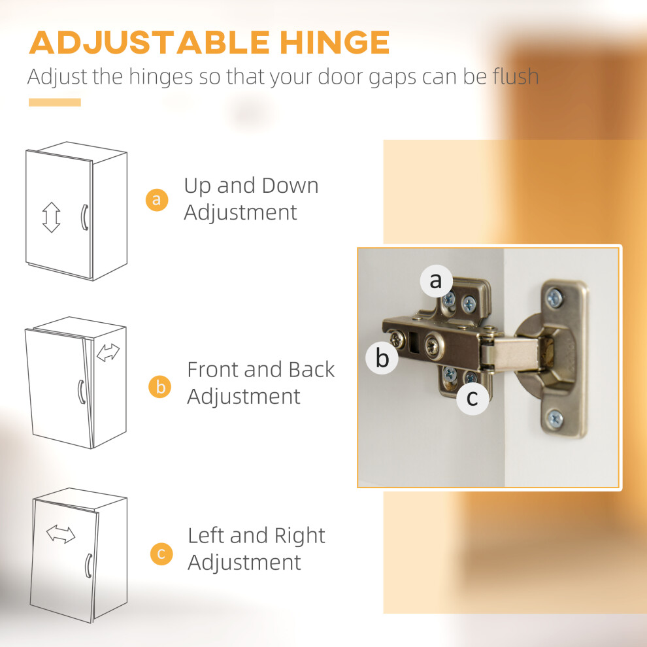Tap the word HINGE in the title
(x=335, y=42)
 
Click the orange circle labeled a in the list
(x=157, y=200)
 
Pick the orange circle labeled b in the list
(x=160, y=387)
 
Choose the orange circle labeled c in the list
(x=161, y=554)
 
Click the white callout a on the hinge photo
(x=436, y=281)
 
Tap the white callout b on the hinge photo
(x=382, y=357)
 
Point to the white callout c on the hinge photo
(x=473, y=398)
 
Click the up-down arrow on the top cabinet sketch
(x=51, y=217)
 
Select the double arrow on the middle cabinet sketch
(x=108, y=352)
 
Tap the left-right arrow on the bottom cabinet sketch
(x=61, y=534)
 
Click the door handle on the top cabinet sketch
(x=84, y=218)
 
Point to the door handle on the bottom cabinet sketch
(x=88, y=566)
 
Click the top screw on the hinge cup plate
(x=555, y=297)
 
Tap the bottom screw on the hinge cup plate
(x=555, y=419)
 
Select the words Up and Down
(x=252, y=186)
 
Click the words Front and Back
(x=261, y=369)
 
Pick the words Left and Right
(x=257, y=536)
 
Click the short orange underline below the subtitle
(x=55, y=103)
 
